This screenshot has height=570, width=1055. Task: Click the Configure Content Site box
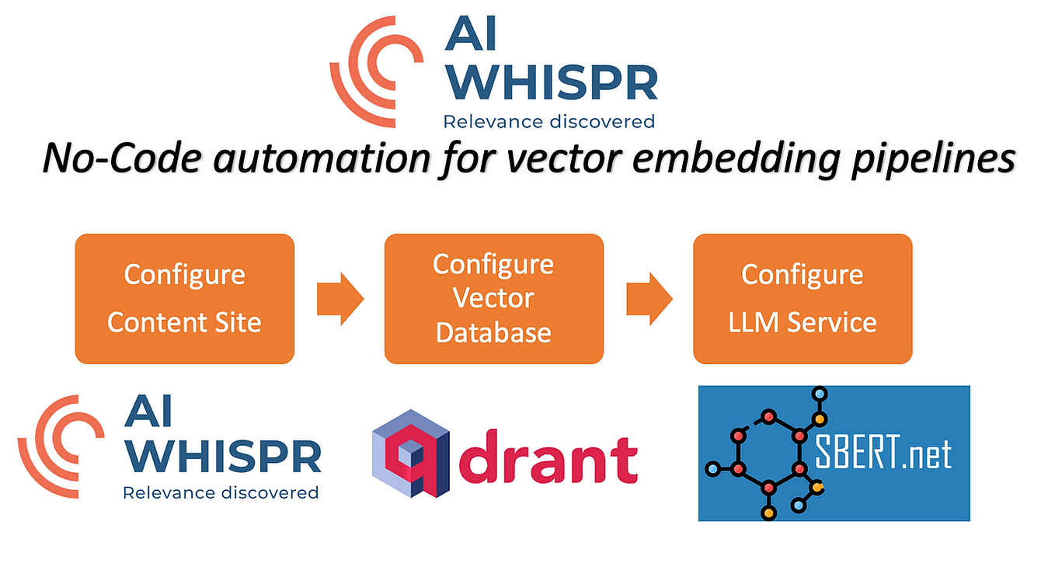pyautogui.click(x=184, y=298)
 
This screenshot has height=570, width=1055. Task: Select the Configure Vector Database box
pyautogui.click(x=493, y=298)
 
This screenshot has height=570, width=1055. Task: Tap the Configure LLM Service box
pyautogui.click(x=802, y=298)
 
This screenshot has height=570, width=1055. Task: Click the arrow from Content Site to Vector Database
pyautogui.click(x=339, y=298)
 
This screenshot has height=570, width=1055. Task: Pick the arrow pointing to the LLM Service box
pyautogui.click(x=649, y=298)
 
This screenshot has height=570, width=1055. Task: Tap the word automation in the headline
pyautogui.click(x=319, y=158)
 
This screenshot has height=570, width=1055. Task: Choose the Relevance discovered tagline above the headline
pyautogui.click(x=548, y=121)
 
